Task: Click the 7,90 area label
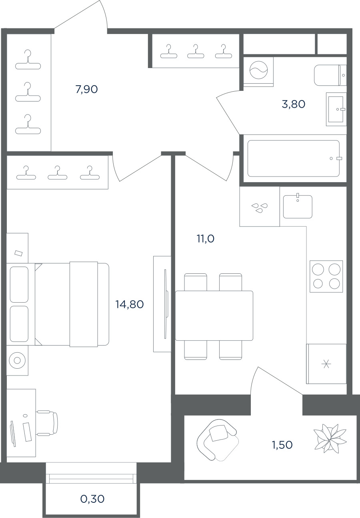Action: point(87,89)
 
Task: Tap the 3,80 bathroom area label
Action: point(294,104)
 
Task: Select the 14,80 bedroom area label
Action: point(130,304)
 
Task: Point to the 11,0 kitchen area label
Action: point(206,239)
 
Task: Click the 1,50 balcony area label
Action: point(282,445)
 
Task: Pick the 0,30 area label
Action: point(92,499)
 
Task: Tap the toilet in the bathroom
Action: point(330,75)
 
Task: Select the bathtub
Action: point(294,159)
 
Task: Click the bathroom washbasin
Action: point(336,109)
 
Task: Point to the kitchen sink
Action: point(298,207)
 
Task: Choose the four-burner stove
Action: point(326,276)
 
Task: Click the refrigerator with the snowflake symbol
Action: point(326,364)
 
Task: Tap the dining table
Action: point(214,316)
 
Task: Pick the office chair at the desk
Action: point(47,423)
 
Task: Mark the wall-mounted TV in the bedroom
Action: point(166,304)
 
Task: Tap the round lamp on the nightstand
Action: point(17,360)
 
